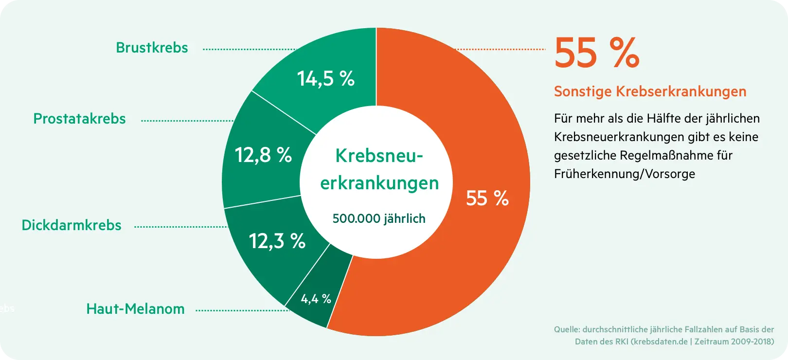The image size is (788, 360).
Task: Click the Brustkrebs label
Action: (152, 48)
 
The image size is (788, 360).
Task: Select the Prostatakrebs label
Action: (79, 119)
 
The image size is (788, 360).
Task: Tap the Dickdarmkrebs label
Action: (72, 225)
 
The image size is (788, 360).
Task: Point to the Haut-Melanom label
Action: (135, 309)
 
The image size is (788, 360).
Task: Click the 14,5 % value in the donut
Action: (325, 79)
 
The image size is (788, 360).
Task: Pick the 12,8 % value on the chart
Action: (263, 155)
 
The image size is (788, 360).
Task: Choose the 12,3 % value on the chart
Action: (277, 241)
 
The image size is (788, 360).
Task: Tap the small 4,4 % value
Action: (316, 299)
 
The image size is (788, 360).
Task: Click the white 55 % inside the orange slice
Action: (487, 198)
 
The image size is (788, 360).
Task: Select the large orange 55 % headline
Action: (596, 53)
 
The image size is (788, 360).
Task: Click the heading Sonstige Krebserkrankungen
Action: (650, 91)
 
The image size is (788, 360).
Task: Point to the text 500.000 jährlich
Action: (379, 218)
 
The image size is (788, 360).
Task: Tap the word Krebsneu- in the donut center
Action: (379, 156)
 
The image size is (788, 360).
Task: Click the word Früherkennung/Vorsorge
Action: (625, 174)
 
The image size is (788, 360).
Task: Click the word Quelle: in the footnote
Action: (567, 329)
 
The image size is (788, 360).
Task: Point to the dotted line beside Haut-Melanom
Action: (242, 310)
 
